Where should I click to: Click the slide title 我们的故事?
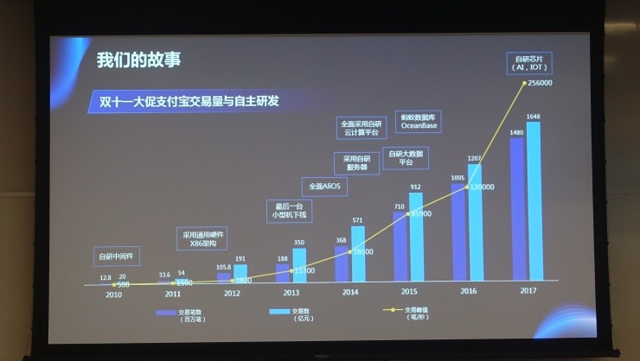pos(138,60)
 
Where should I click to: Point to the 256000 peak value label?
pos(539,83)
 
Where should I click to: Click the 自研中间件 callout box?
pos(118,256)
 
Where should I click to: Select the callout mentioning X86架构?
pos(203,238)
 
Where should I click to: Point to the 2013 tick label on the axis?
pos(291,293)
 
